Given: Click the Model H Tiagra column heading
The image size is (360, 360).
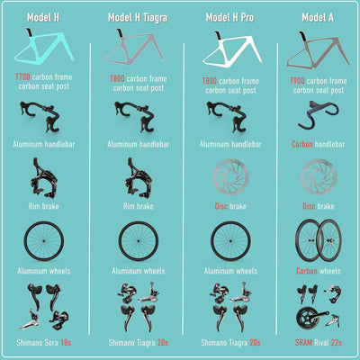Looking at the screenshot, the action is tap(138, 17).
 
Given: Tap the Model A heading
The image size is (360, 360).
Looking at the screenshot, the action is tap(318, 17).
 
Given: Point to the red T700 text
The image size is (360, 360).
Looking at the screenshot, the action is tap(22, 77).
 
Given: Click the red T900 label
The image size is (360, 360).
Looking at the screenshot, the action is tap(297, 81).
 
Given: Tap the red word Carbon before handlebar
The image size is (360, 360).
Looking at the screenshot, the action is tap(302, 144).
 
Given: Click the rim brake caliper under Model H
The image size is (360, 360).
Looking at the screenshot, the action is tap(44, 178).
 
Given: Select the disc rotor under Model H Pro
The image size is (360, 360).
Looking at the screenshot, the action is tap(230, 177).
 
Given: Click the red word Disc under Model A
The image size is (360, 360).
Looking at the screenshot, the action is tap(309, 206).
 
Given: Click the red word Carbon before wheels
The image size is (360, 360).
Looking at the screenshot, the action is tap(307, 271).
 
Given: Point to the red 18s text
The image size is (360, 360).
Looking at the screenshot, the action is tap(66, 342).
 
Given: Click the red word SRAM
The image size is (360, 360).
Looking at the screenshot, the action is tap(303, 342).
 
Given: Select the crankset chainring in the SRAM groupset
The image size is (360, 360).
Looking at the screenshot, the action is tap(306, 319).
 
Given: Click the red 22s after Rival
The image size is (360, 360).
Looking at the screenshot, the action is tap(337, 342).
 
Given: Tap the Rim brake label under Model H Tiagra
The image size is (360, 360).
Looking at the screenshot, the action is tap(139, 206).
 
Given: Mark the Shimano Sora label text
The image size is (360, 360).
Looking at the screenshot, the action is tap(37, 342).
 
